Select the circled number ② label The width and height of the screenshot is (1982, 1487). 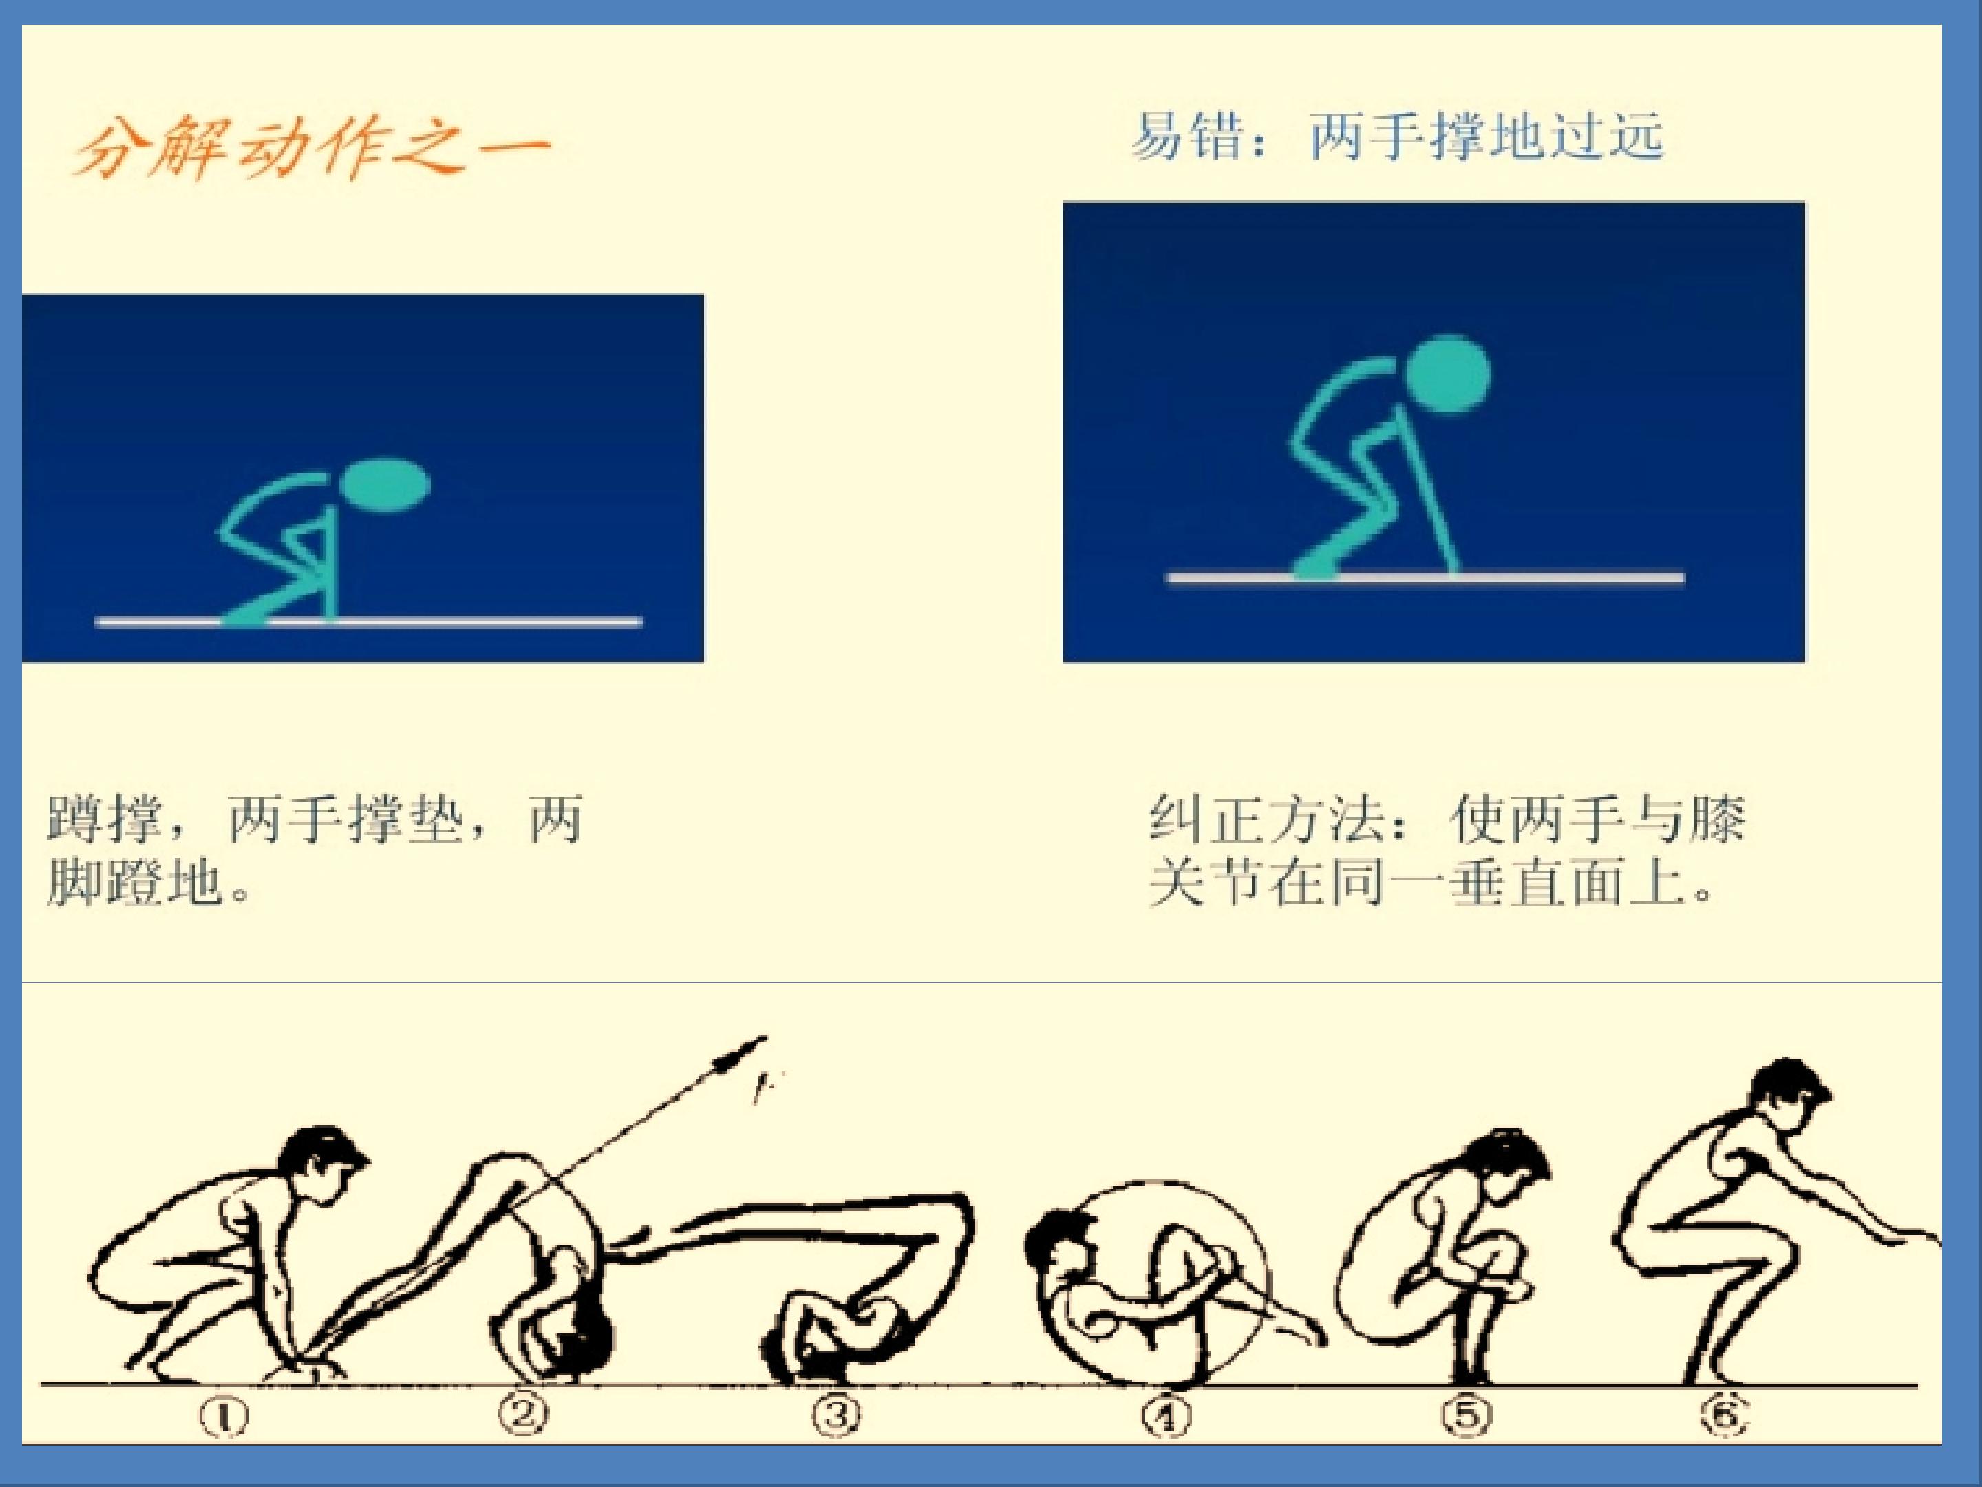tap(525, 1415)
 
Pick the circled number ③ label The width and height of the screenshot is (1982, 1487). tap(836, 1415)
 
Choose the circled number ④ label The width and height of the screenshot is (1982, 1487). tap(1166, 1417)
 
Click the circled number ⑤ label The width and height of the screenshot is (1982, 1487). tap(1466, 1416)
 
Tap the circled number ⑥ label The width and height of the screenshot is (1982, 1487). tap(1724, 1417)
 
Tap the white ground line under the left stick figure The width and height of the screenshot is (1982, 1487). tap(368, 621)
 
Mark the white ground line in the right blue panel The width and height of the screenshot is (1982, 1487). tap(1425, 578)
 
